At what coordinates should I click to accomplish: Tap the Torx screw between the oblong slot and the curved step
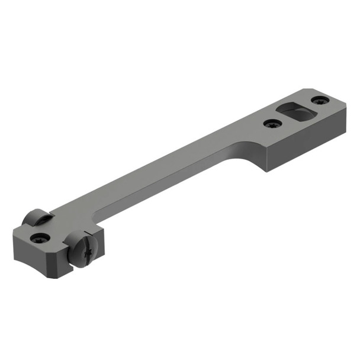click(x=272, y=124)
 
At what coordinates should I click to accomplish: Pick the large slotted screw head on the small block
click(x=80, y=249)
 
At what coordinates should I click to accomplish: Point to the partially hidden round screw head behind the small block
click(x=37, y=217)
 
